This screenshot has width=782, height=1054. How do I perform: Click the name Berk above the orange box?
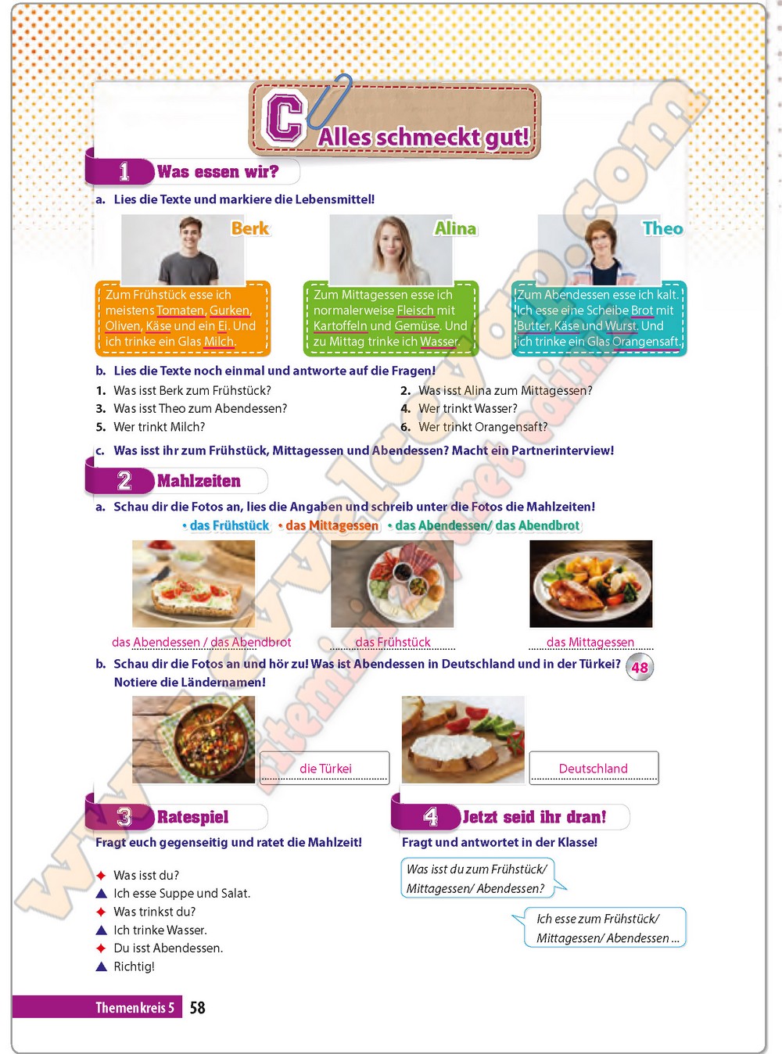pos(250,228)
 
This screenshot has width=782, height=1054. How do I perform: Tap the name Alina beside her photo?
pos(455,228)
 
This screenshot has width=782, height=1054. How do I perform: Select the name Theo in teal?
pos(662,228)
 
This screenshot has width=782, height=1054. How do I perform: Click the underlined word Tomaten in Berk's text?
pos(180,310)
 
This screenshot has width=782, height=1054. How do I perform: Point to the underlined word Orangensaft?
pos(646,342)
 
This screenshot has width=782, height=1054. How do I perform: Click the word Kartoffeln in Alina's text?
pos(340,326)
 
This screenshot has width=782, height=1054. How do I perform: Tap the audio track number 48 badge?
pos(640,667)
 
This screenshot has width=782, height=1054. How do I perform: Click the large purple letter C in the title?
pos(285,118)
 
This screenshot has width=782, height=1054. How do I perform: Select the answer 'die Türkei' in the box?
pos(325,769)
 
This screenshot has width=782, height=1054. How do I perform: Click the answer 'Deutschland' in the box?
pos(594,769)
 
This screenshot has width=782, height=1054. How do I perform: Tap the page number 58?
pos(197,1007)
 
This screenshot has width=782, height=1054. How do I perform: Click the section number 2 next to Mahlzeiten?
pos(124,481)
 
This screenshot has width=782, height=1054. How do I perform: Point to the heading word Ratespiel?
pos(192,817)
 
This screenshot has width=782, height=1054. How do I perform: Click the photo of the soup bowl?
pos(193,740)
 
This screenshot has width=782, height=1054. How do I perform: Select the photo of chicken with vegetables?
pos(591,583)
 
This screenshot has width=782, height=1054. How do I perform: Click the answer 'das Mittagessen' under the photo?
pos(590,642)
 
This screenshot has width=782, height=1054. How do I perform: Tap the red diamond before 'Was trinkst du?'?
pos(101,912)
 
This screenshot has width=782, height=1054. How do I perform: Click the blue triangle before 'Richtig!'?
pos(101,966)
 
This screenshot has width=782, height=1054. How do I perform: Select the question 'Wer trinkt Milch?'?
pos(160,427)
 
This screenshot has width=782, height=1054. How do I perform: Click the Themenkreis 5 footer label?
pos(135,1007)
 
